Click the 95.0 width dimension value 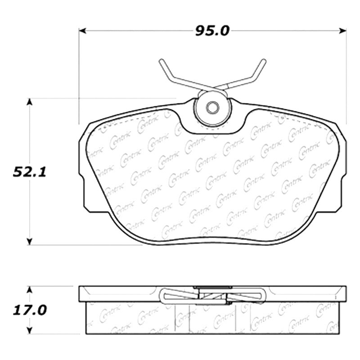pyautogui.click(x=212, y=31)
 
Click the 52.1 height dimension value pyautogui.click(x=30, y=172)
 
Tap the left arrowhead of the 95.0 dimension pyautogui.click(x=82, y=31)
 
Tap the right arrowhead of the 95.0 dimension pyautogui.click(x=343, y=31)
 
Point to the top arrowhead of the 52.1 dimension pyautogui.click(x=29, y=103)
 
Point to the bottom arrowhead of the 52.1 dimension pyautogui.click(x=29, y=242)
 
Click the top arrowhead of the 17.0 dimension pyautogui.click(x=29, y=290)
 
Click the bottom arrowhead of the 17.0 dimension pyautogui.click(x=29, y=330)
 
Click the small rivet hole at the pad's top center pyautogui.click(x=212, y=108)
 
